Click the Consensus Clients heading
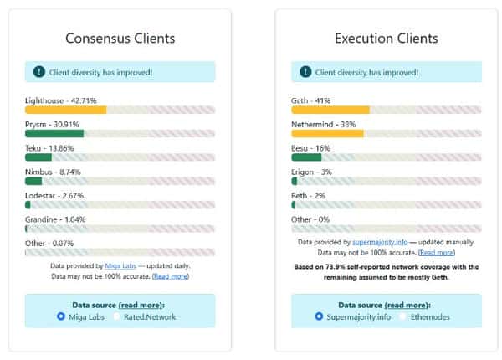(x=120, y=39)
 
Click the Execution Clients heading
(x=386, y=39)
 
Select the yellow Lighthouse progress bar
(x=66, y=110)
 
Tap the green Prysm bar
(x=54, y=133)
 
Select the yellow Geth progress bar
(x=330, y=110)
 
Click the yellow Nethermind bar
(x=327, y=133)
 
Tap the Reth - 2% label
(x=308, y=195)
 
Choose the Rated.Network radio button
(x=118, y=317)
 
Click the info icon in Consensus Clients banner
(x=38, y=72)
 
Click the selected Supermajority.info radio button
(x=319, y=317)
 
